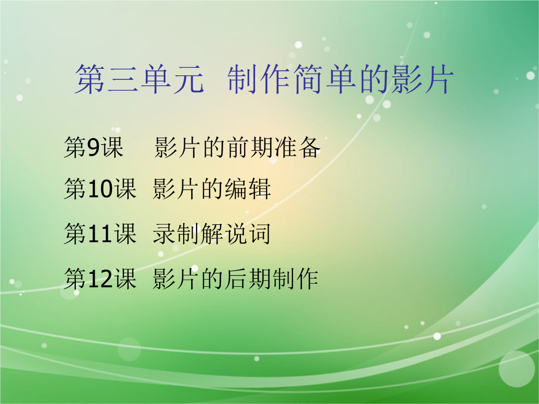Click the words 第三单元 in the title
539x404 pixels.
point(140,79)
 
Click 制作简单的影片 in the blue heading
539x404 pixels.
point(340,79)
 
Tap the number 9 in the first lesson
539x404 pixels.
point(93,147)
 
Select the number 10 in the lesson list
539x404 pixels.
point(100,189)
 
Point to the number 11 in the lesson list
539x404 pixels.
point(100,234)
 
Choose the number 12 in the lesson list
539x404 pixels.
point(100,279)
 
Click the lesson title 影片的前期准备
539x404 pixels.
point(238,147)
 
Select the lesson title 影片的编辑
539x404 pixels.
point(212,189)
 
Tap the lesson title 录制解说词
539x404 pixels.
point(212,234)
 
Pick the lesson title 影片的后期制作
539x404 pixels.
point(236,279)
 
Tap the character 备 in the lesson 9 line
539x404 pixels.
point(309,147)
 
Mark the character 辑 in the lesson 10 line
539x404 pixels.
point(260,189)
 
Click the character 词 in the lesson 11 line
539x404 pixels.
point(260,234)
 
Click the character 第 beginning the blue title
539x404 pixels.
point(90,79)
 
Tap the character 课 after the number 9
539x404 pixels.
point(112,147)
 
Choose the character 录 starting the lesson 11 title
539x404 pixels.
point(164,234)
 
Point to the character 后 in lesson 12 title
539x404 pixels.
point(236,279)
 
